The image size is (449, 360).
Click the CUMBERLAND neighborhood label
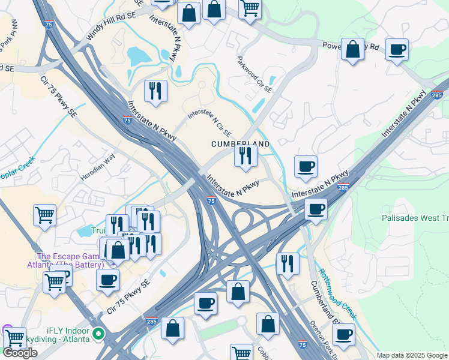240,145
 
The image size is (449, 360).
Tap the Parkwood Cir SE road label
255,74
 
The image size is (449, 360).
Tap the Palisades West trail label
415,218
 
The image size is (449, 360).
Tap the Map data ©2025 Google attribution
412,355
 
